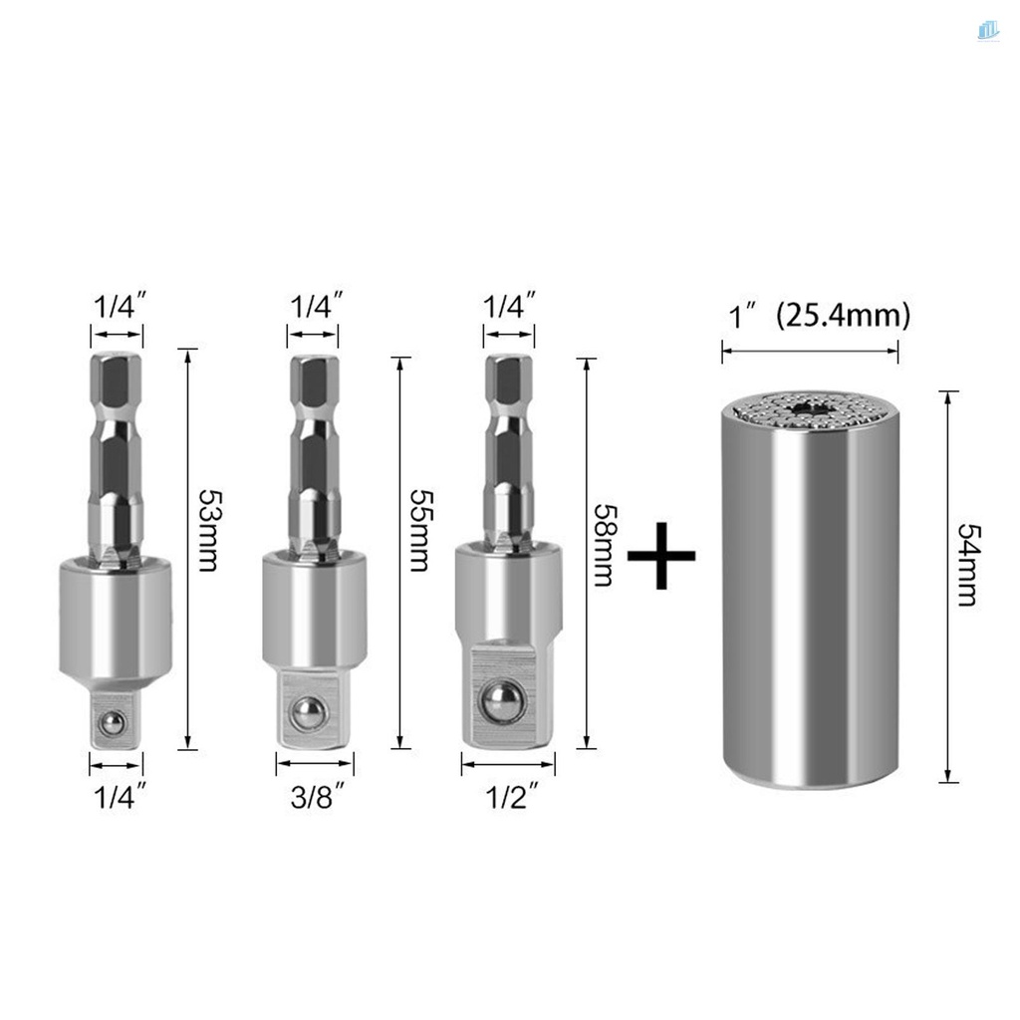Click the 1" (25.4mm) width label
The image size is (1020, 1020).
pyautogui.click(x=816, y=317)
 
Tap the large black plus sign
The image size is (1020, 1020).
pyautogui.click(x=661, y=554)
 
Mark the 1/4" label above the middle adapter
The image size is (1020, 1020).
pyautogui.click(x=315, y=306)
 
